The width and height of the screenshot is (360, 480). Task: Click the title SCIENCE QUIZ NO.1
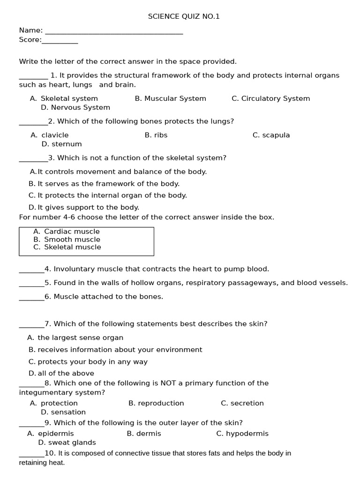coord(184,16)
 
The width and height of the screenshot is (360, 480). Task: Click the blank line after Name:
coord(114,32)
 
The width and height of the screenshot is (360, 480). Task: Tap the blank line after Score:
coord(60,42)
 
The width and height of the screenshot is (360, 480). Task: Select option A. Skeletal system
coord(64,98)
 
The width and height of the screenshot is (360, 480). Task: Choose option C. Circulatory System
coord(270,98)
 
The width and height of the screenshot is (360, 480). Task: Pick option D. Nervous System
coord(75,107)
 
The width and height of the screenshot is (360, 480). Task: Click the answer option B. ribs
coord(156,135)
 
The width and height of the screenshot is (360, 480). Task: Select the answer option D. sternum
coord(61,144)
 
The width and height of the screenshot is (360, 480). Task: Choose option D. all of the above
coord(61,374)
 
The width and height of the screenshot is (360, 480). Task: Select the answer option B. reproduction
coord(156,403)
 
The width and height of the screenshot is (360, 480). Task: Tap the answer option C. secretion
coord(242,403)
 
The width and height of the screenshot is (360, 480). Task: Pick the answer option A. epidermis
coord(51,434)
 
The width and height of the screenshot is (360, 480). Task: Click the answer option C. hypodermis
coord(242,434)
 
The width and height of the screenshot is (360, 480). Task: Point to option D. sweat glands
coord(67,442)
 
